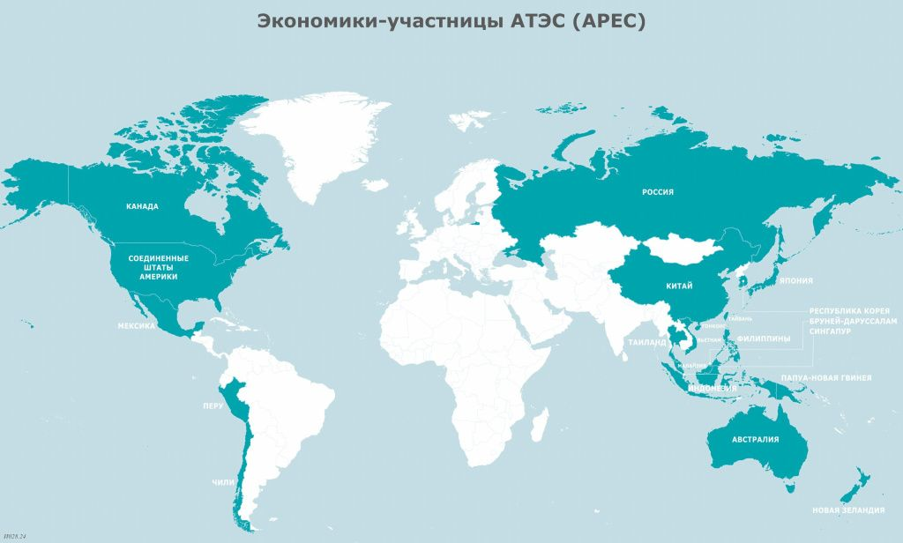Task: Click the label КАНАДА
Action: tap(142, 206)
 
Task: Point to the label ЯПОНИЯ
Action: tap(796, 282)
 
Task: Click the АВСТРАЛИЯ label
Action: tap(755, 439)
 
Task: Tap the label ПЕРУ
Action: tap(213, 406)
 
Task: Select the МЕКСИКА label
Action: tap(137, 325)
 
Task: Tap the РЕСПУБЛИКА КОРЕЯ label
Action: tap(854, 311)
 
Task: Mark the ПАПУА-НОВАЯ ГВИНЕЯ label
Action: tap(825, 377)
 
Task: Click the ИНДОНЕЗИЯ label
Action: tap(712, 389)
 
